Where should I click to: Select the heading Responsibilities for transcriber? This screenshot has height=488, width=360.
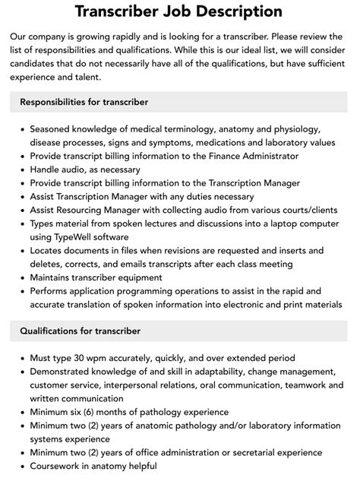pyautogui.click(x=84, y=102)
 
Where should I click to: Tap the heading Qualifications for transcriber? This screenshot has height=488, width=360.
pyautogui.click(x=81, y=331)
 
